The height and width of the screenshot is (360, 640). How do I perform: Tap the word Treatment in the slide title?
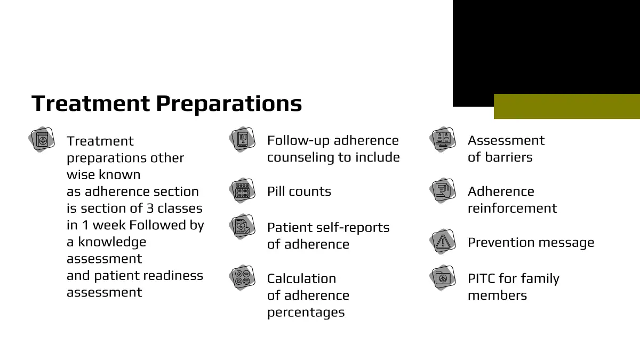[x=91, y=103]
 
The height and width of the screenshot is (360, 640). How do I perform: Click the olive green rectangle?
[x=567, y=106]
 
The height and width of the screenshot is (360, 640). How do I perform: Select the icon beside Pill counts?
[x=242, y=190]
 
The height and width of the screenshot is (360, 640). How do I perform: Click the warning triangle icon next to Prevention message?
[x=443, y=242]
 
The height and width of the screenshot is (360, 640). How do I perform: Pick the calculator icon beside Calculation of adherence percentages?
[x=242, y=278]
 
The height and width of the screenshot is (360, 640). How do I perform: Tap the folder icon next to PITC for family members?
[x=443, y=278]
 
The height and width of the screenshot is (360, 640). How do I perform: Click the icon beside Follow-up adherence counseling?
[x=242, y=139]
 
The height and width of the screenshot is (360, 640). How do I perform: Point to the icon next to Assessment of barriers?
[x=443, y=139]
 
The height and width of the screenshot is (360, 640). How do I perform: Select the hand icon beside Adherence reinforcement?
[x=443, y=190]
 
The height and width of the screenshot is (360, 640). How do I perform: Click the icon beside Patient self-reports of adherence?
[x=242, y=227]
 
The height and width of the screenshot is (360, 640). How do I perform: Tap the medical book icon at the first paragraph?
[x=42, y=139]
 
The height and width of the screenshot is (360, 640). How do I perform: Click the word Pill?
[x=276, y=191]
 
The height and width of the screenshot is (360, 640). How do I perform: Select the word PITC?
[x=482, y=278]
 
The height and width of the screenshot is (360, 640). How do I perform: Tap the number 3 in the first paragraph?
[x=150, y=209]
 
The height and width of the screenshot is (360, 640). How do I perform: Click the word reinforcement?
[x=513, y=209]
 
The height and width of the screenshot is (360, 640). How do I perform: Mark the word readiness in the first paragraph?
[x=173, y=276]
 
